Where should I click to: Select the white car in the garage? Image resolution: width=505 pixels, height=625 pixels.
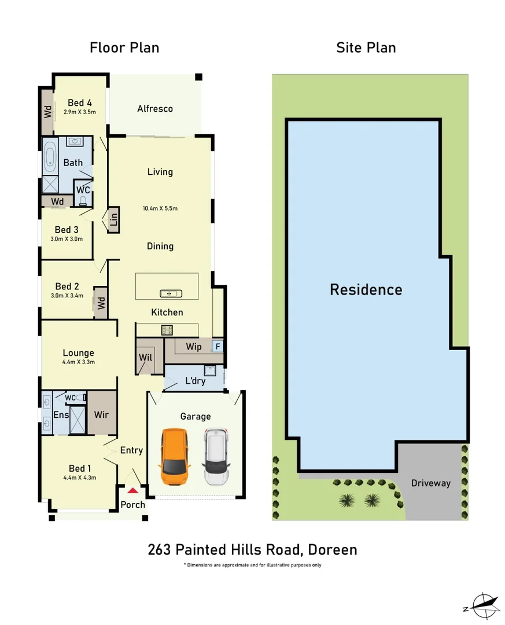216,456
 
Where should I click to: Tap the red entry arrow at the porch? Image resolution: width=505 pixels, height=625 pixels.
133,491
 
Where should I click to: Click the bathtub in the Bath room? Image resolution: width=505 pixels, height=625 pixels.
50,156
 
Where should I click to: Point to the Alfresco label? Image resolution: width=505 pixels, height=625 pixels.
155,108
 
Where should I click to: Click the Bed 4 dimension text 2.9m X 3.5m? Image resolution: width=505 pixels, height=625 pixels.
80,113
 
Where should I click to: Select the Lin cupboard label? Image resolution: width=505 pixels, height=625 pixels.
113,219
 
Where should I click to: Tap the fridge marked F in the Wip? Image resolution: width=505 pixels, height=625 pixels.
218,347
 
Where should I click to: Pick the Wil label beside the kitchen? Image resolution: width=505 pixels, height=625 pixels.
145,358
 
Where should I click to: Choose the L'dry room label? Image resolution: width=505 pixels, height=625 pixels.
196,381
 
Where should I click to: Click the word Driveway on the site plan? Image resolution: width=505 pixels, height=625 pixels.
430,483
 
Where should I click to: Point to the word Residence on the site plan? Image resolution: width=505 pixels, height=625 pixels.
366,289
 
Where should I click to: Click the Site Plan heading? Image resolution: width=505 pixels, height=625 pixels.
366,47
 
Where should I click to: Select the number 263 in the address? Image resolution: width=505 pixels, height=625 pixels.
161,549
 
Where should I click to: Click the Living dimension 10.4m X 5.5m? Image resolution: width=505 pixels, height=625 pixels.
160,208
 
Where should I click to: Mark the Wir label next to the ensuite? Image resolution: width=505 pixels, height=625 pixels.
102,415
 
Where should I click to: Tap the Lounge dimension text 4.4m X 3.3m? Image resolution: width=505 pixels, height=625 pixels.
79,362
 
